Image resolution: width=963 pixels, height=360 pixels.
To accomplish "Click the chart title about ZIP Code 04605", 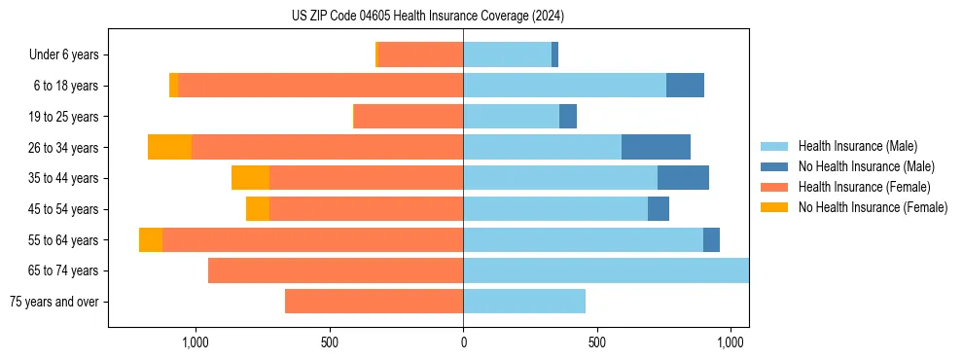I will tap(428, 16).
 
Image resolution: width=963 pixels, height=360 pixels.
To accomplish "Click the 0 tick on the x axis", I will tap(463, 342).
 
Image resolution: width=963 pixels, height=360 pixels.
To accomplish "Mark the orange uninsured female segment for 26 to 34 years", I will tap(169, 147).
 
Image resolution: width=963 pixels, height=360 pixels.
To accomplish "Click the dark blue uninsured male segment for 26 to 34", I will tap(656, 147).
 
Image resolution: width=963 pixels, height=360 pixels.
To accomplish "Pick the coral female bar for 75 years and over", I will tap(374, 302).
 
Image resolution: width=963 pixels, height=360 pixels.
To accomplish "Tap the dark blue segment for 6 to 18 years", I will tap(685, 86).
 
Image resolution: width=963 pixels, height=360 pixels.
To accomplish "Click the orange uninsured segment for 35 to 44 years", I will tap(250, 178).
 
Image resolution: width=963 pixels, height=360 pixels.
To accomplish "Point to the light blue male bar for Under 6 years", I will tap(507, 54).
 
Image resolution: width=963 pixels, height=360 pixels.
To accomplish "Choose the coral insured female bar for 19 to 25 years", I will tap(409, 117).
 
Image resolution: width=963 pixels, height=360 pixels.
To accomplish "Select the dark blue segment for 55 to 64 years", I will tap(711, 239).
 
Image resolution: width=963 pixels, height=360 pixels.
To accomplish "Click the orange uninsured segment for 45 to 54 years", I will tap(258, 209).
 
